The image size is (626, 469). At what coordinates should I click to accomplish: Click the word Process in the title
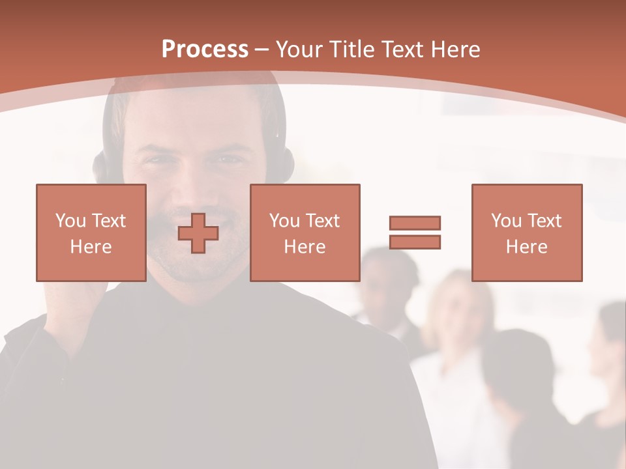coord(205,50)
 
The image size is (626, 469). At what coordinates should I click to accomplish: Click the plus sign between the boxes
coord(198,233)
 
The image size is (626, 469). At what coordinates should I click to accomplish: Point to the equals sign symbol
coord(415,233)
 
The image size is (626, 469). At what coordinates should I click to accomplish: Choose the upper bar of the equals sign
coord(415,223)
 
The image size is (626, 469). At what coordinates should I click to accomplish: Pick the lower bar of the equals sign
coord(415,242)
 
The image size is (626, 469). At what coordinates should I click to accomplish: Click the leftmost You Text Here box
coord(91,233)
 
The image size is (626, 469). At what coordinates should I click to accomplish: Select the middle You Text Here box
coord(305,233)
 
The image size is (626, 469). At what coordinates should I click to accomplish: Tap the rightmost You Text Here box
coord(526,233)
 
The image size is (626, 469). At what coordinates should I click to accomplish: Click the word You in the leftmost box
coord(69,221)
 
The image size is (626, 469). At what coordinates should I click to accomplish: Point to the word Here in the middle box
coord(305,247)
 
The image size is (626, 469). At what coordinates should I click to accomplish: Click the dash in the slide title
coord(262,50)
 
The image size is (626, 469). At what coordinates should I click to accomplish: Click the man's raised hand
coord(78,293)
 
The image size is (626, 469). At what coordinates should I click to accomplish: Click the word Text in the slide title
coord(402,50)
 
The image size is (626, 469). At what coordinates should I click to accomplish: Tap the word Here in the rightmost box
coord(526,247)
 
